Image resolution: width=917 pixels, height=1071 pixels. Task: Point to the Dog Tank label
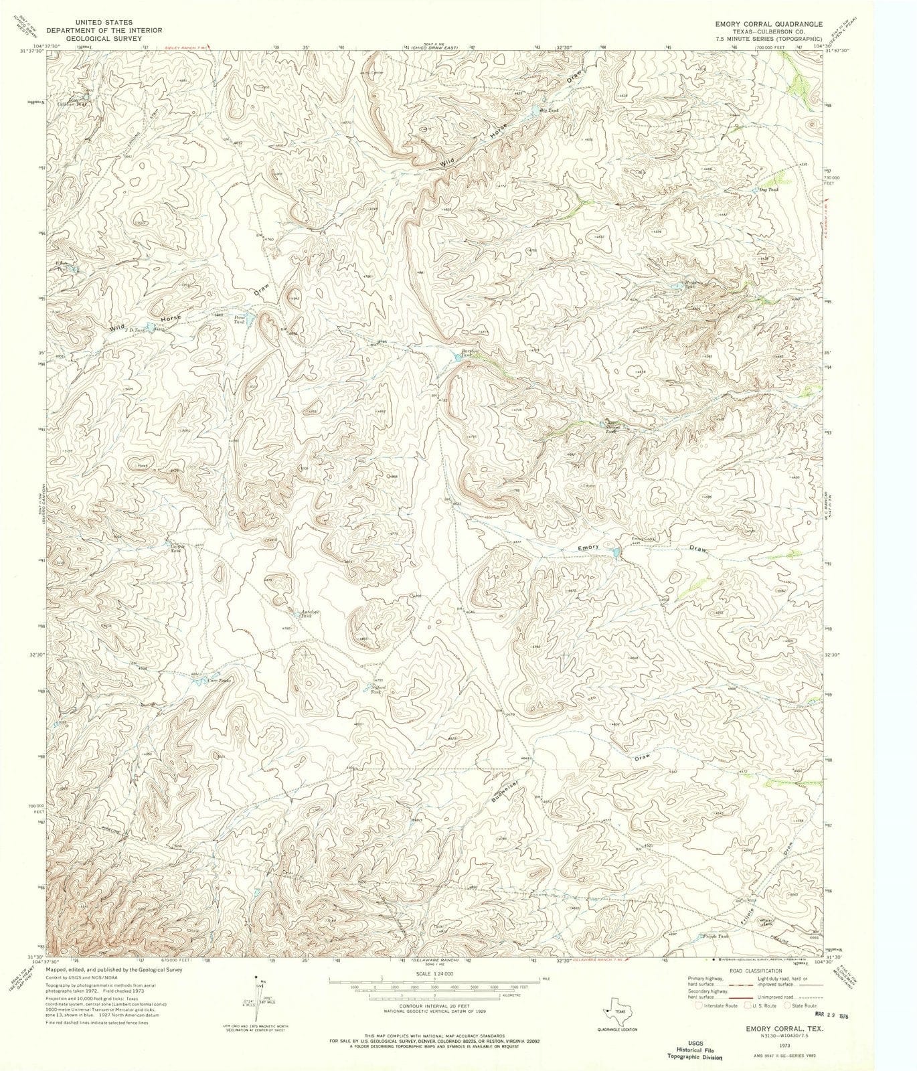pyautogui.click(x=768, y=189)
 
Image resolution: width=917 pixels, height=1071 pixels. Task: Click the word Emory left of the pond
pyautogui.click(x=588, y=548)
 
